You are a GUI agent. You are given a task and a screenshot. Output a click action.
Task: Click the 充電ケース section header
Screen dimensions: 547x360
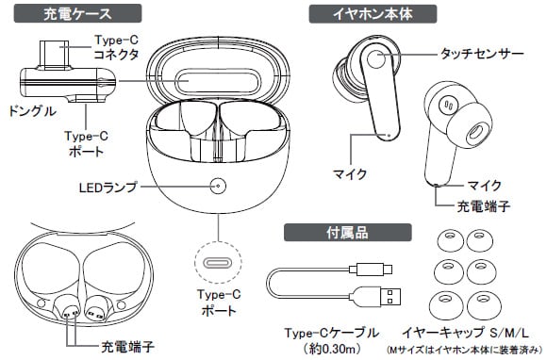coord(77,13)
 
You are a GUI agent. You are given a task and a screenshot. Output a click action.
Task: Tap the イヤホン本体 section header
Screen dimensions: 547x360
coord(373,14)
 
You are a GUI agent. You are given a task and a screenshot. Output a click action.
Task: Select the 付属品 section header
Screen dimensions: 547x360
coord(348,233)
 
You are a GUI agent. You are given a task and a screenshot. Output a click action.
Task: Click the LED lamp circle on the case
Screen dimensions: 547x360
coord(218,186)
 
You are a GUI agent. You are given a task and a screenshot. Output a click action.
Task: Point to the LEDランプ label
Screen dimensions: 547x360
coord(108,188)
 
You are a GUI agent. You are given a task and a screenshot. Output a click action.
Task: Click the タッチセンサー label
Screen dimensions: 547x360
coord(482,54)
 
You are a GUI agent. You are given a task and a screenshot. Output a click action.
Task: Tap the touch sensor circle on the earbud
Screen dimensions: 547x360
coord(375,59)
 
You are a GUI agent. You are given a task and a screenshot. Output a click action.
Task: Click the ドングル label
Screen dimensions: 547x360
coord(32,111)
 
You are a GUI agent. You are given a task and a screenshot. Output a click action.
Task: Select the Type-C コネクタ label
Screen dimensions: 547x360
coord(117,47)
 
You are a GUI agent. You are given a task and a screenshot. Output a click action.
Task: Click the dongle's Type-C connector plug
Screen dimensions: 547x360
coord(54,55)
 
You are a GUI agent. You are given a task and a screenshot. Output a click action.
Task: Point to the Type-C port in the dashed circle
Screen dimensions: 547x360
coord(218,262)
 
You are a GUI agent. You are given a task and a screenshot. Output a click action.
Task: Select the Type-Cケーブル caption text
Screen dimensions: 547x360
coord(332,333)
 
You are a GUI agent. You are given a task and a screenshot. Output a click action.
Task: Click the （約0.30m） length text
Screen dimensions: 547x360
coord(332,348)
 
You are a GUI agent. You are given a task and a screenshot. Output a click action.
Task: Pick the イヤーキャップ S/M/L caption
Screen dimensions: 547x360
coord(465,333)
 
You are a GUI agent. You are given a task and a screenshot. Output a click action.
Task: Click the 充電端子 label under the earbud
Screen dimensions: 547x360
coord(484,206)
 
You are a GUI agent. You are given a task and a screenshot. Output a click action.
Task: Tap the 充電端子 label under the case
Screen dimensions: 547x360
coord(127,347)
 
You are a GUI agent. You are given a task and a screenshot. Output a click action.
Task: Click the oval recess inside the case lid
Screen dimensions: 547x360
coord(218,82)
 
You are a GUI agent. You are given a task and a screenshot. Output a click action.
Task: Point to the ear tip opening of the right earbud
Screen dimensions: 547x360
coord(475,133)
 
